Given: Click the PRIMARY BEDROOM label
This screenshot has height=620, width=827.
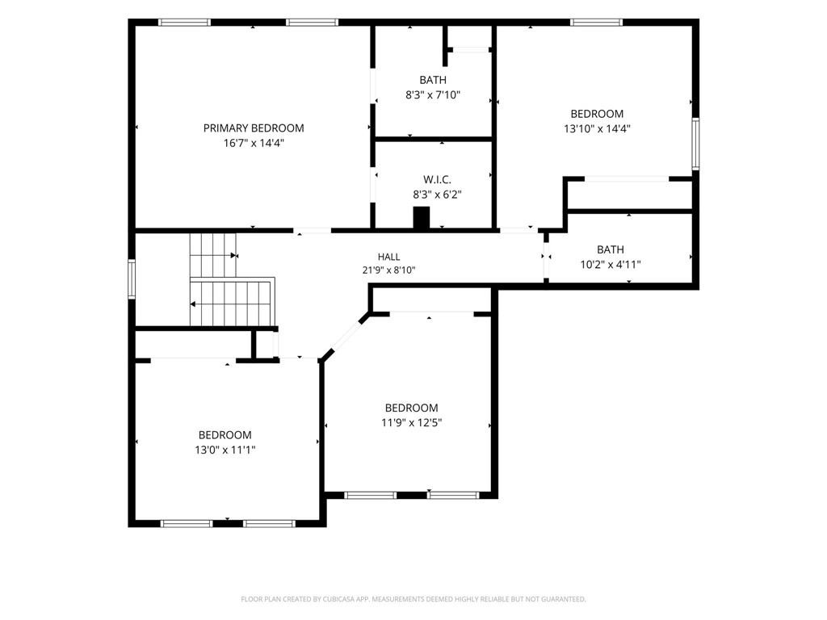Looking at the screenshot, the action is [254, 128].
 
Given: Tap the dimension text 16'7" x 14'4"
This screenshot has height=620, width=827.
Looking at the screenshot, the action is [254, 143].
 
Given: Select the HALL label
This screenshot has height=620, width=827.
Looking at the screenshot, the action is [388, 257].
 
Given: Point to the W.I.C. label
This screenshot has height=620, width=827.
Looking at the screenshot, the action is [437, 180].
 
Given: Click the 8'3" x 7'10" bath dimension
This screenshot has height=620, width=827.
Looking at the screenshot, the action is [433, 95].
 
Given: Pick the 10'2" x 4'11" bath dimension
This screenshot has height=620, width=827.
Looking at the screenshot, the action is [611, 265].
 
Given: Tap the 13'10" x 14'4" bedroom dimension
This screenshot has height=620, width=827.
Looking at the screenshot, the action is [597, 128].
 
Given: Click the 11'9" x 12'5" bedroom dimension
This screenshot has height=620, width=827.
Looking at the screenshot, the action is [411, 422].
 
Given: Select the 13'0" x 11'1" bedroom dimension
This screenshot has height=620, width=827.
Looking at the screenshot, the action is [225, 450].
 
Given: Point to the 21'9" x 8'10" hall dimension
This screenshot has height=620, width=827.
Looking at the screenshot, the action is [388, 270].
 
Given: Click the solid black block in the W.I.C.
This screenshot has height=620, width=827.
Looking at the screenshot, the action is [422, 218].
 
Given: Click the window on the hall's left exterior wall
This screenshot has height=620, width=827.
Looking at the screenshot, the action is [132, 279].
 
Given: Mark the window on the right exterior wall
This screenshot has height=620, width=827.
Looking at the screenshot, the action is [695, 144].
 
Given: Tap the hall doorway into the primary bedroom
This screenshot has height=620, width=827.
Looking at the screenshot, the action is [313, 230].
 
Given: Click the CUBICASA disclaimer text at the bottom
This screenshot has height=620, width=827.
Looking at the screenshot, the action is [413, 599].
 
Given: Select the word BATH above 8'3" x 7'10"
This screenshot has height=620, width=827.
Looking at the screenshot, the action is [433, 80].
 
